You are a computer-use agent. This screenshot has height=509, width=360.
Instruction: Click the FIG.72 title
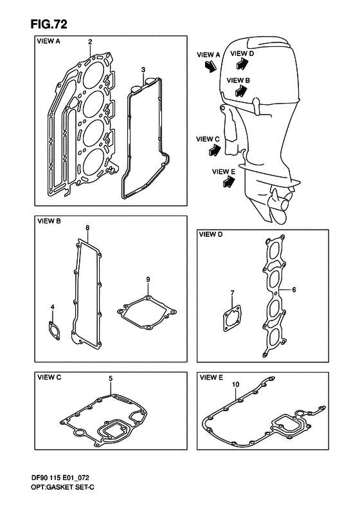(49, 24)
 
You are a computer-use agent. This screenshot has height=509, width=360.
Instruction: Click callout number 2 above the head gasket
(90, 42)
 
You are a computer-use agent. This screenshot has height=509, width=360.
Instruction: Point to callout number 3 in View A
(143, 69)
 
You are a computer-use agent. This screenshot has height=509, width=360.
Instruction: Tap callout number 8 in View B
(87, 228)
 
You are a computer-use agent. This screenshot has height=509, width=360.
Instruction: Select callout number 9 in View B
(148, 279)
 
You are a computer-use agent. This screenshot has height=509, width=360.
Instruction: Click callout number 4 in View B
(53, 307)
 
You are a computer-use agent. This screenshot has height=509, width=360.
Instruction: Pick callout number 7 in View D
(232, 293)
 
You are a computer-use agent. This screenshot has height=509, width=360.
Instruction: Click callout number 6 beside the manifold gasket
(294, 289)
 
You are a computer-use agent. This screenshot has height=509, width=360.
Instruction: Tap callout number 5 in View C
(111, 378)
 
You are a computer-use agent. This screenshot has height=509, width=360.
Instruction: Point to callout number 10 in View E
(236, 385)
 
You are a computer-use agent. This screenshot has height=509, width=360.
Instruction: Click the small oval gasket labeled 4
(54, 331)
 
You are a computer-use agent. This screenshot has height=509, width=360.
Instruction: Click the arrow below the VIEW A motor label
(210, 66)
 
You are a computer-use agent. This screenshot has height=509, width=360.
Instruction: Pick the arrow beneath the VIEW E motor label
(229, 181)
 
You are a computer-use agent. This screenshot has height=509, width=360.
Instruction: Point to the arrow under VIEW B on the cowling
(240, 91)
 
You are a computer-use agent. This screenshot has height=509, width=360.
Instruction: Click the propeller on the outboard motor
(280, 205)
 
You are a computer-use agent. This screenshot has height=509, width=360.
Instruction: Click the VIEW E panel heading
(212, 377)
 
